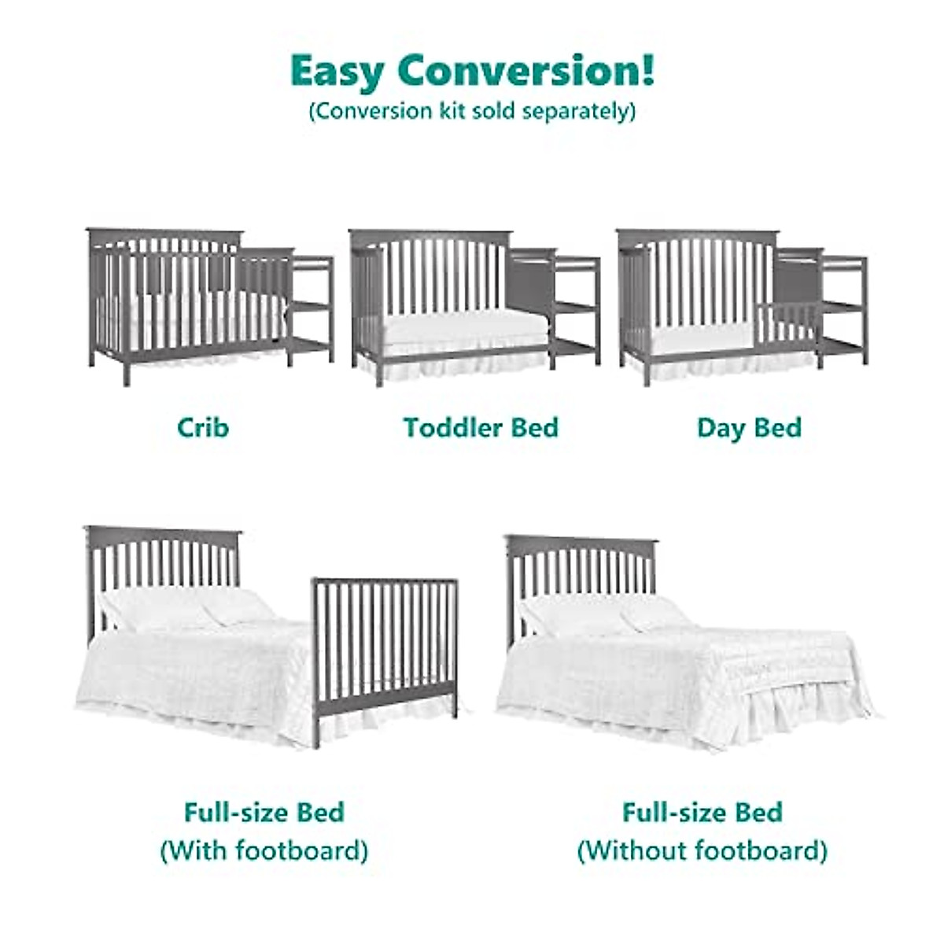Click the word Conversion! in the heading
click(x=525, y=71)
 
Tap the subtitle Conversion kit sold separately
click(x=472, y=111)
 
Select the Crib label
click(x=203, y=428)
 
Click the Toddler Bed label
click(x=481, y=428)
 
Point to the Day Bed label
click(x=749, y=428)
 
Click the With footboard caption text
click(x=264, y=850)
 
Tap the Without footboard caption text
click(x=702, y=850)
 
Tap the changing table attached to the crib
click(x=310, y=307)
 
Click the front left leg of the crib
click(x=127, y=370)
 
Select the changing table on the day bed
click(x=842, y=307)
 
